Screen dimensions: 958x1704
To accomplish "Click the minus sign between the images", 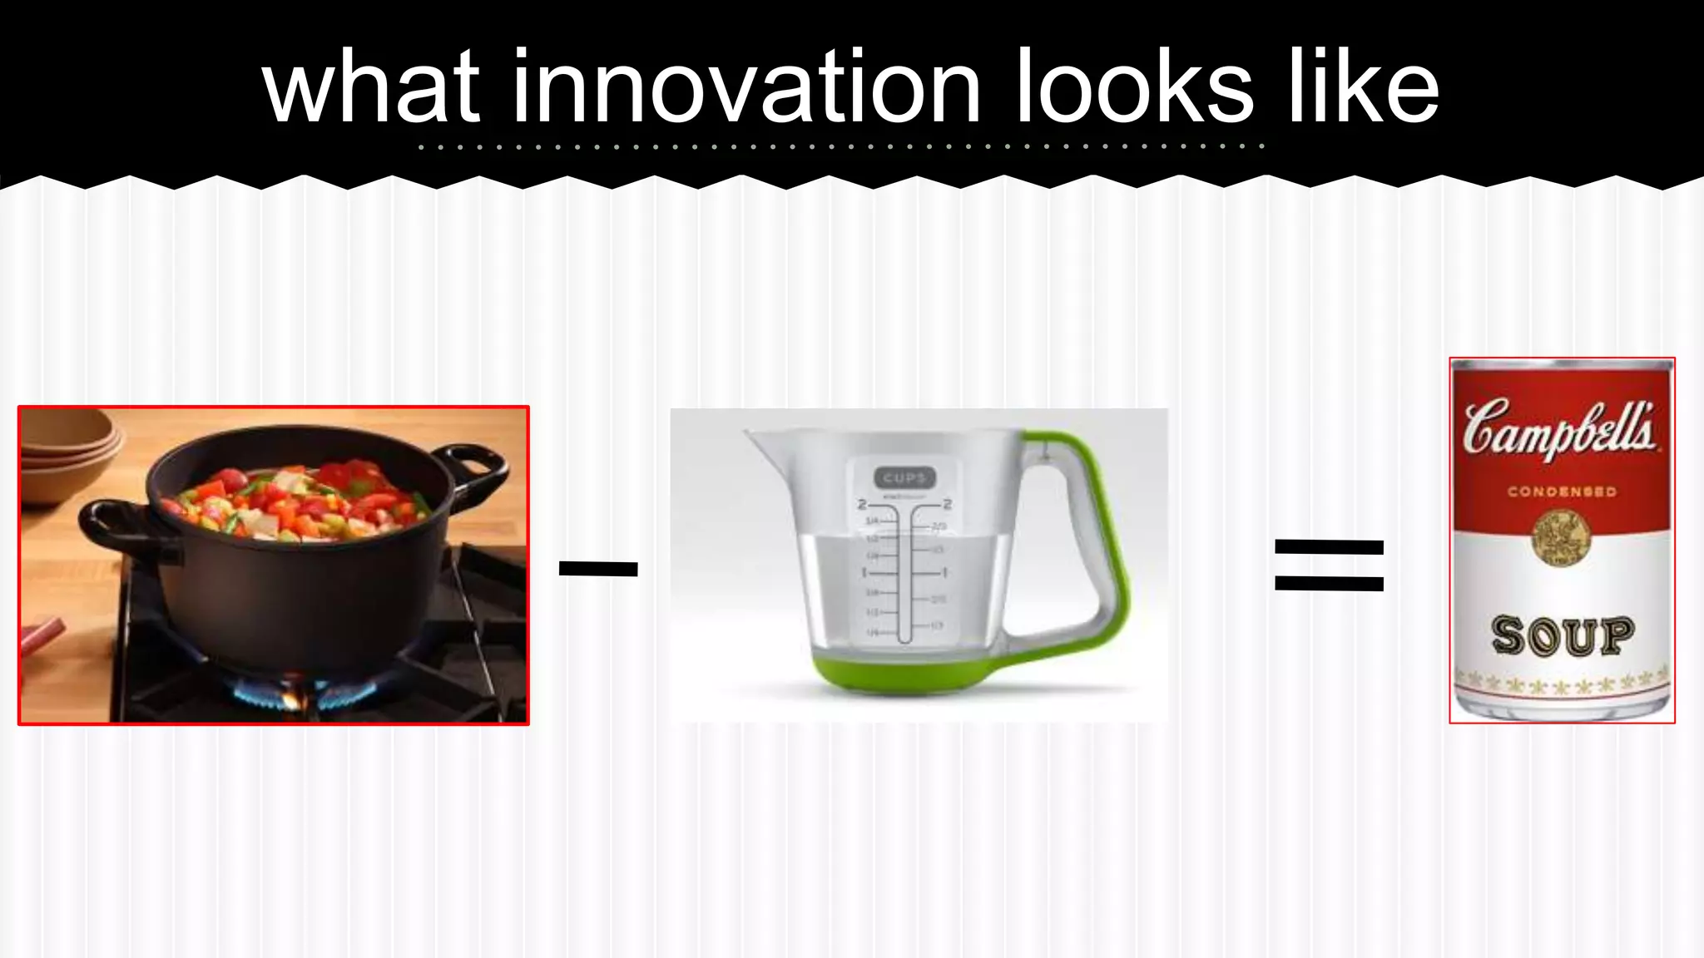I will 598,569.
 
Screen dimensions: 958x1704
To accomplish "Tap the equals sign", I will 1329,565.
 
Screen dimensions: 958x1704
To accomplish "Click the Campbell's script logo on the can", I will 1559,429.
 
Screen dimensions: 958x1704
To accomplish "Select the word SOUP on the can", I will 1562,636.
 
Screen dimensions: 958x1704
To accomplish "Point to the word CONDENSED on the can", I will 1562,491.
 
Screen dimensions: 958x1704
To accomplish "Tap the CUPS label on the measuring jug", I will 904,477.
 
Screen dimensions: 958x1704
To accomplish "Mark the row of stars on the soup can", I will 1561,684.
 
